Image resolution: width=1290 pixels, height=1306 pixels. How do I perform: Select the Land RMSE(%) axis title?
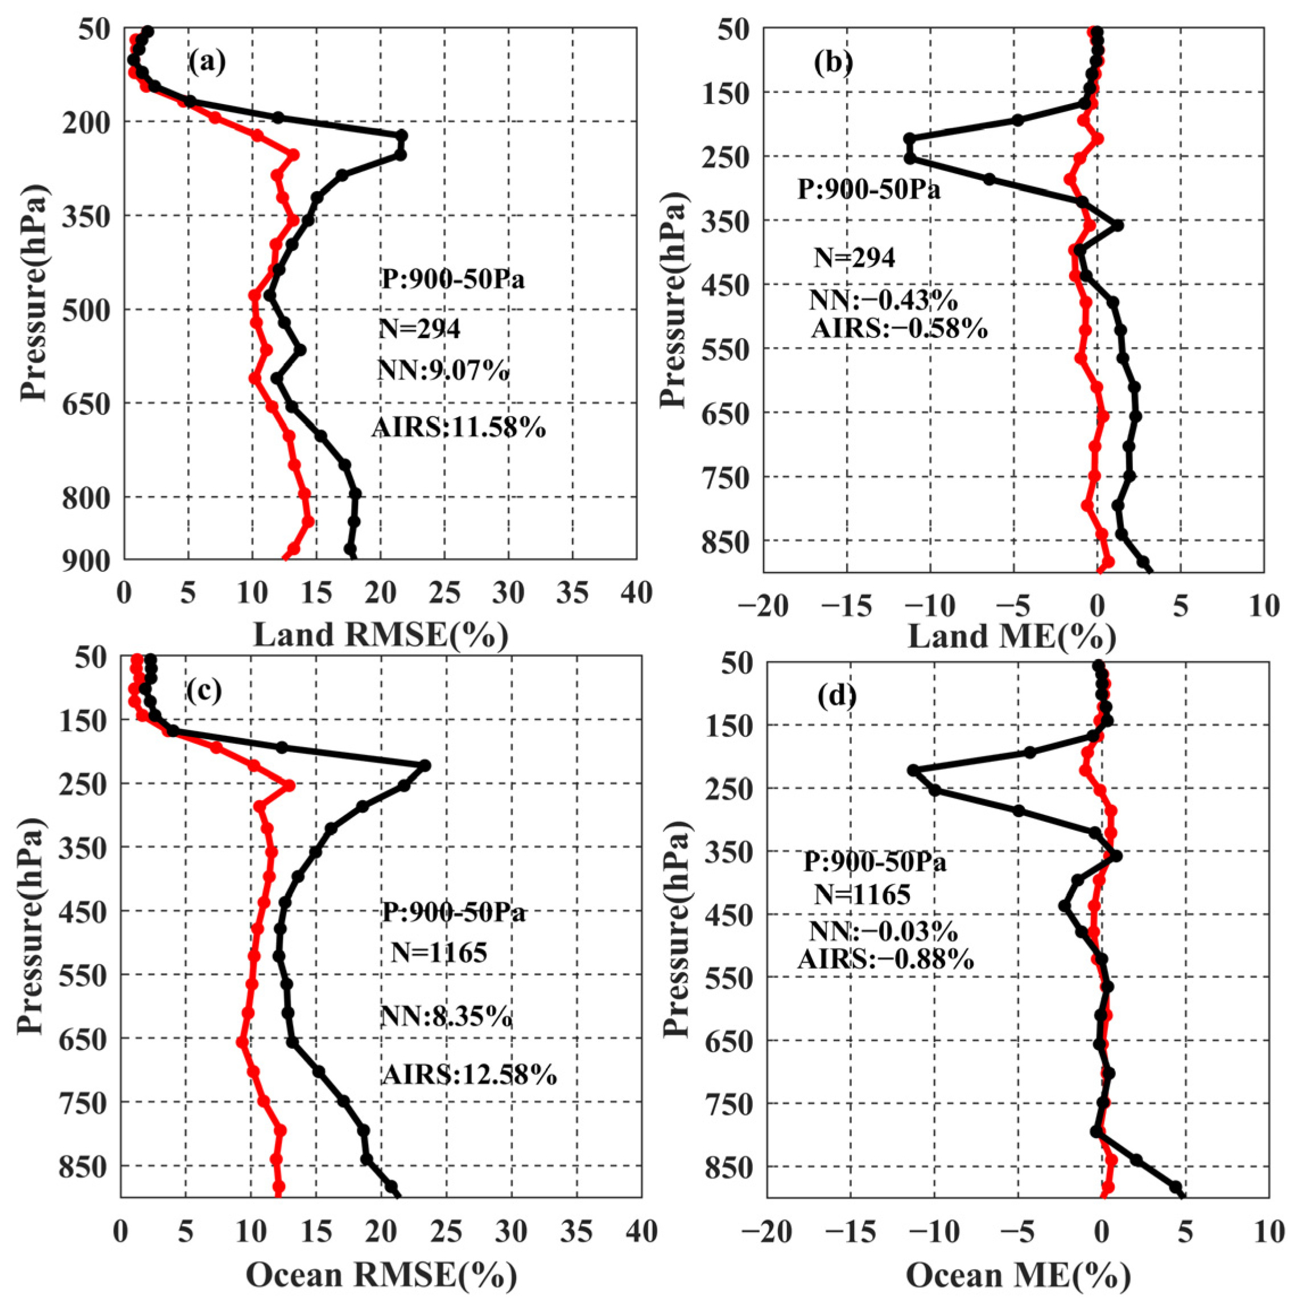pos(380,636)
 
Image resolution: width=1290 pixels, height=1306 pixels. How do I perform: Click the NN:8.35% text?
pos(446,1016)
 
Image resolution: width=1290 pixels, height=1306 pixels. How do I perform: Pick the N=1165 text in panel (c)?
pos(439,953)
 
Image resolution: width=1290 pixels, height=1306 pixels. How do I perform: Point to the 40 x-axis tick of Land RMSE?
pos(636,594)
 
